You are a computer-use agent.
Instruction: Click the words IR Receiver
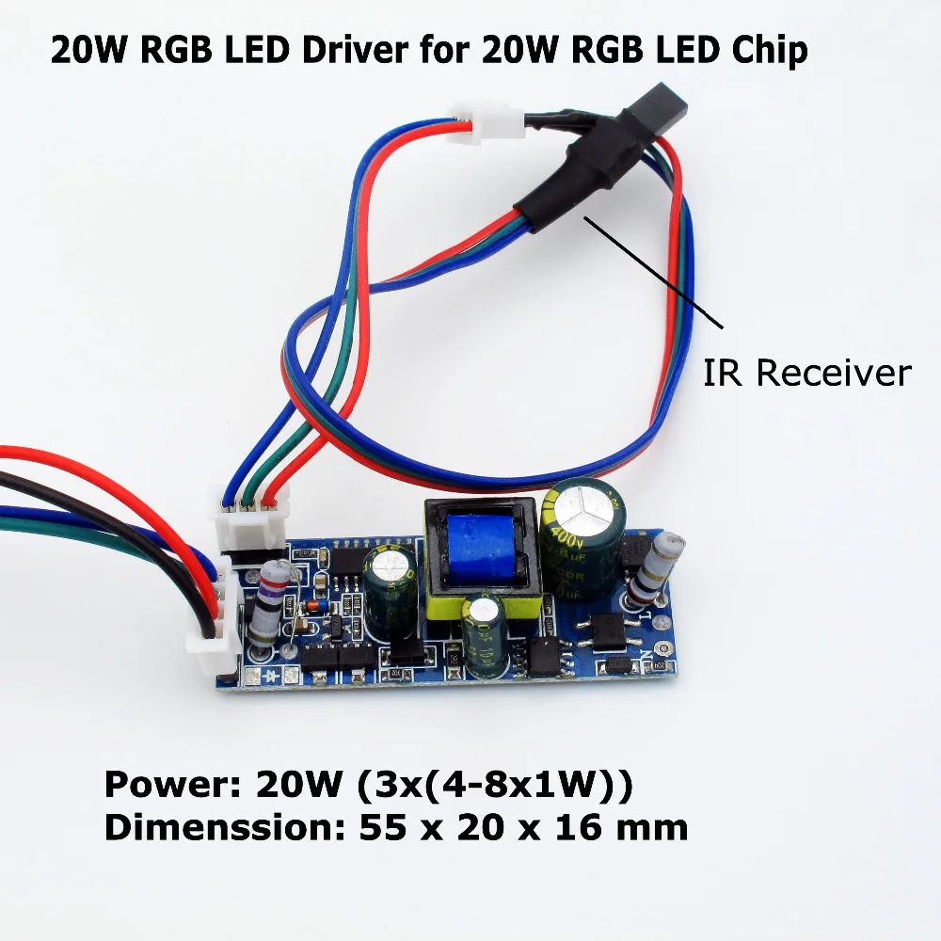[x=807, y=373]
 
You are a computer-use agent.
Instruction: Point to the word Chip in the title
[x=766, y=50]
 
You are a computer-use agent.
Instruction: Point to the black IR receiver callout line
[x=654, y=273]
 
